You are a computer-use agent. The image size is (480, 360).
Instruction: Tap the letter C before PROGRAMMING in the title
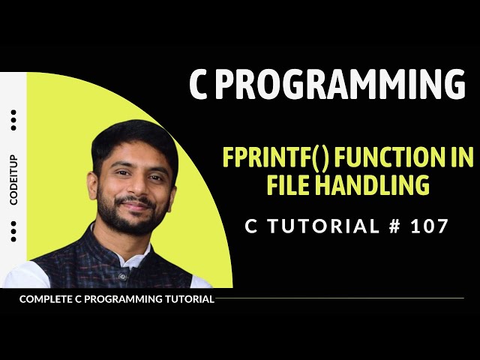198,85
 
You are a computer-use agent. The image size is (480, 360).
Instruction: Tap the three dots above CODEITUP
14,120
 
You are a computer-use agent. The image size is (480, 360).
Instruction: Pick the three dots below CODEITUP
14,232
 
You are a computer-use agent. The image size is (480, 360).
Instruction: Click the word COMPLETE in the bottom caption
46,299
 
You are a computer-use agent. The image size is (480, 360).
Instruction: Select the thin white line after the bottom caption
337,299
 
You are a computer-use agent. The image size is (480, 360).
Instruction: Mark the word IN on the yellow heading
459,158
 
